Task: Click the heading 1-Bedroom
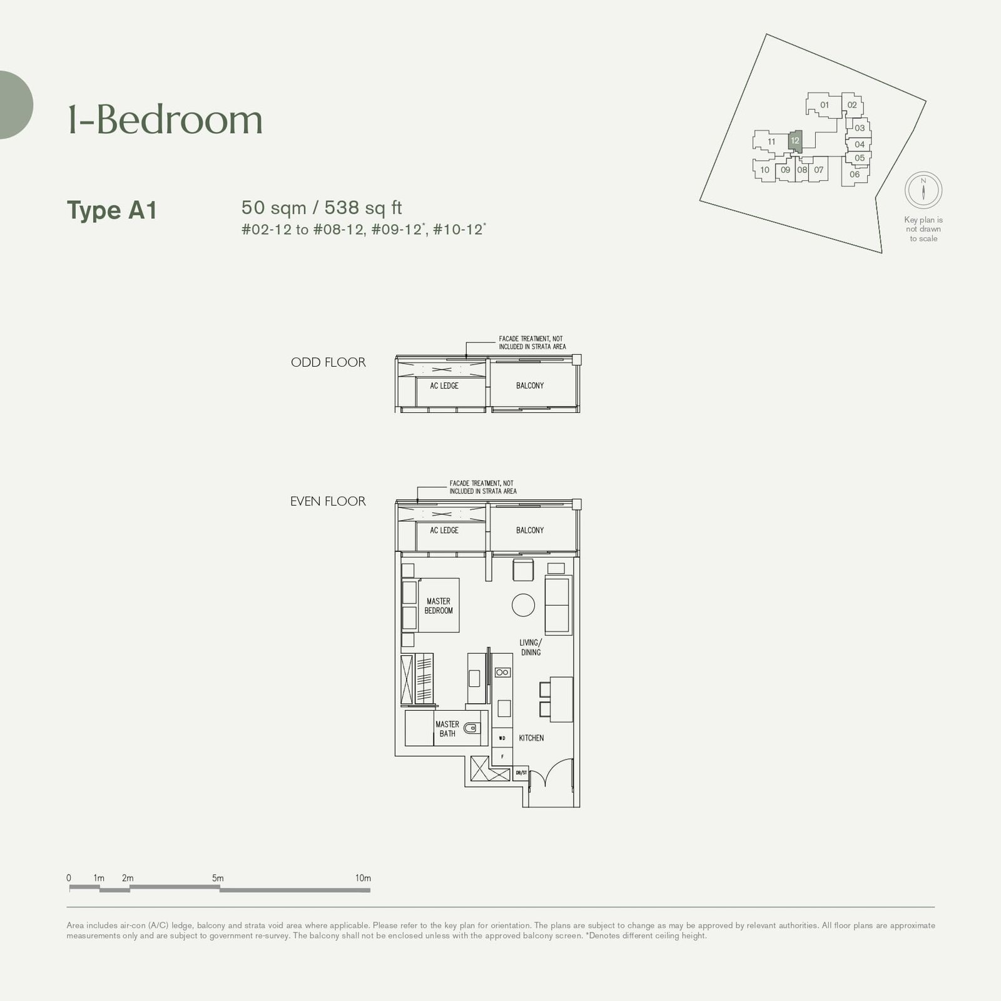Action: coord(165,119)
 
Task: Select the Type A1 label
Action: coord(112,210)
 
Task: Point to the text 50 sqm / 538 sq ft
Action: coord(322,208)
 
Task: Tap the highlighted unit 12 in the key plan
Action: coord(795,141)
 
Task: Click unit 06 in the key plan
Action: coord(855,175)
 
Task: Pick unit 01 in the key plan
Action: coord(825,105)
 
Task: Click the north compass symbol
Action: coord(923,190)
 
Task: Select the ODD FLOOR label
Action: coord(328,362)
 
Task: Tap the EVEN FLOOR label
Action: coord(328,501)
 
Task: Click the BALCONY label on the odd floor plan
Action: coord(530,386)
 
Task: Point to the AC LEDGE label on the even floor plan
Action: coord(444,531)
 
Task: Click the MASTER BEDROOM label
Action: coord(439,606)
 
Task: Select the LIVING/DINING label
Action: coord(531,648)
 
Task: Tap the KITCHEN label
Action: coord(531,738)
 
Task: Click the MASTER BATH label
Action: coord(447,729)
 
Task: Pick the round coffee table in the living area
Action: coord(523,605)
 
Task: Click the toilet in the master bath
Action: coord(473,728)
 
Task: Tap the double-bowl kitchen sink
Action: coord(502,673)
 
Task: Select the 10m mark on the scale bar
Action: coord(363,878)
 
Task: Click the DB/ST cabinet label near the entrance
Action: coord(521,773)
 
